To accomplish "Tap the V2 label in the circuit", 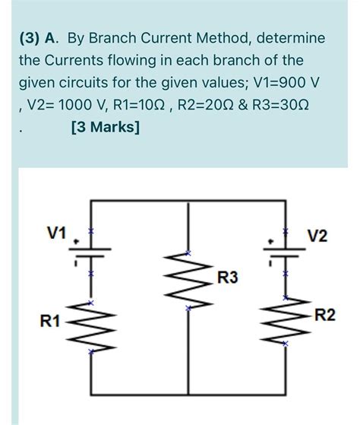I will [x=318, y=236].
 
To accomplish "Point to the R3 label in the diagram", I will [x=227, y=279].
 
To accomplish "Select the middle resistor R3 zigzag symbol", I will [x=188, y=280].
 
